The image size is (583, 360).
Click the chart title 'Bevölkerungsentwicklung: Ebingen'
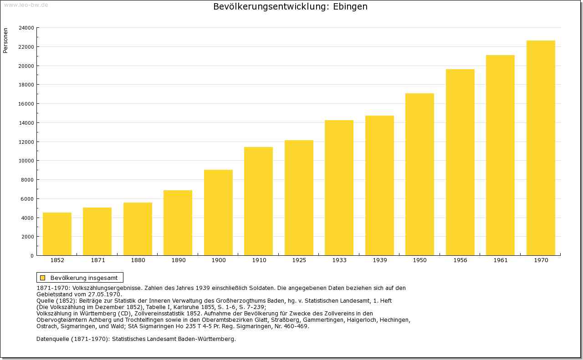pyautogui.click(x=290, y=7)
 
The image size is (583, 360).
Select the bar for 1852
pyautogui.click(x=57, y=234)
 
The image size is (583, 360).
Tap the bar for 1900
pyautogui.click(x=218, y=213)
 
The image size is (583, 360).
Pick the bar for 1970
pyautogui.click(x=541, y=148)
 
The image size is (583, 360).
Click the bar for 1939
pyautogui.click(x=379, y=186)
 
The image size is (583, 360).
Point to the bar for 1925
pyautogui.click(x=299, y=198)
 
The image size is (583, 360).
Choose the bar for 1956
pyautogui.click(x=460, y=162)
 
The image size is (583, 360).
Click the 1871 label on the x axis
pyautogui.click(x=98, y=260)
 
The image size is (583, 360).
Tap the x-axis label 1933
pyautogui.click(x=339, y=260)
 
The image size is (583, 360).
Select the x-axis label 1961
pyautogui.click(x=501, y=260)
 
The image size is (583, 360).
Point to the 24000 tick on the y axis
pyautogui.click(x=26, y=28)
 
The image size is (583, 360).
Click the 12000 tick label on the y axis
pyautogui.click(x=26, y=142)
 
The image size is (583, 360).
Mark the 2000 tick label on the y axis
pyautogui.click(x=28, y=237)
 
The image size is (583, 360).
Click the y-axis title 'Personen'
pyautogui.click(x=5, y=41)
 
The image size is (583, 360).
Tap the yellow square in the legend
pyautogui.click(x=43, y=278)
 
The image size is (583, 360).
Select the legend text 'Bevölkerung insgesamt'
pyautogui.click(x=84, y=278)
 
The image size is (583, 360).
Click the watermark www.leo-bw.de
pyautogui.click(x=26, y=5)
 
